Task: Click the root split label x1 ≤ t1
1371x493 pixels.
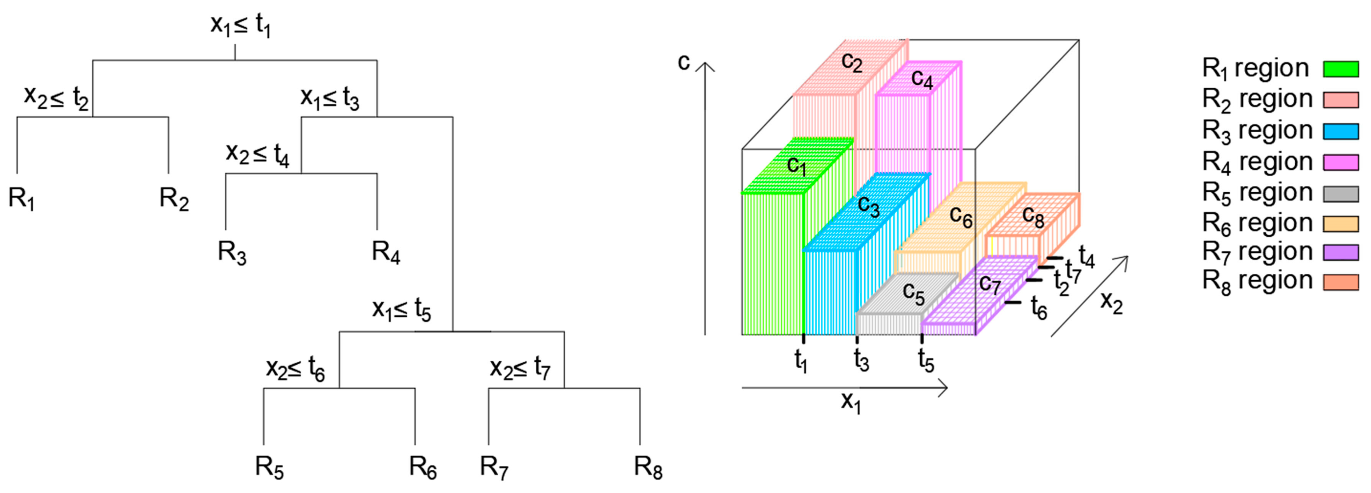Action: (x=240, y=25)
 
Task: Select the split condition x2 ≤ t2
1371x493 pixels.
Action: (x=56, y=97)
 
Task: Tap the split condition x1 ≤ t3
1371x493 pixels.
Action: (x=330, y=98)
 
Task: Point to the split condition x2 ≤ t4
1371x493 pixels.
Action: (x=258, y=154)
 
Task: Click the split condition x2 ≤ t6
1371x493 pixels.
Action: (x=295, y=368)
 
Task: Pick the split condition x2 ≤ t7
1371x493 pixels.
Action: (x=520, y=368)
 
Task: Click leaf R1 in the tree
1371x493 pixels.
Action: (x=21, y=199)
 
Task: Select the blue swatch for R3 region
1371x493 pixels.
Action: (x=1341, y=131)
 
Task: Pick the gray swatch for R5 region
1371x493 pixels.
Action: (x=1341, y=193)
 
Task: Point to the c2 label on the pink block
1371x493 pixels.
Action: (x=852, y=62)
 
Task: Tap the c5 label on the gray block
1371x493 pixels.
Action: (x=913, y=293)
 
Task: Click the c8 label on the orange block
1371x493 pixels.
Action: (x=1033, y=216)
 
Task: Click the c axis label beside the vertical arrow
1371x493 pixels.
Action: (x=683, y=62)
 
